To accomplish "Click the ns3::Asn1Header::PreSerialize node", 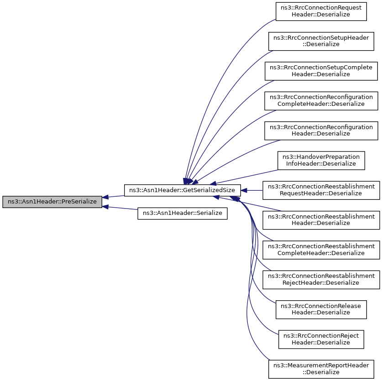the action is click(52, 202).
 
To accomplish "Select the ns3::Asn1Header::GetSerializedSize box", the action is click(182, 190).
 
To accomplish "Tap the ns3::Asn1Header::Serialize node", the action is click(182, 213).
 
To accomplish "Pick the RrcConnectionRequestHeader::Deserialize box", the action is click(321, 11).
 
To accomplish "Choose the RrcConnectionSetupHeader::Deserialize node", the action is click(321, 41).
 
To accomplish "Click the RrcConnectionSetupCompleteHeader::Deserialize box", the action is click(321, 71).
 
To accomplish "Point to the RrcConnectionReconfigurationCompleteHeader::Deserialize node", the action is click(321, 101).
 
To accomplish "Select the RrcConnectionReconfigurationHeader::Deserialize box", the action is click(321, 130).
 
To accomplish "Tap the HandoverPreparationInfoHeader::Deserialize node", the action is click(321, 160).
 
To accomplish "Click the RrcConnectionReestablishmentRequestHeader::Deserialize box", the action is click(321, 190).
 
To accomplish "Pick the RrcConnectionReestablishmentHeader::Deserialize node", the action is click(321, 220).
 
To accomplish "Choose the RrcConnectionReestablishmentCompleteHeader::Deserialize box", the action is click(321, 250).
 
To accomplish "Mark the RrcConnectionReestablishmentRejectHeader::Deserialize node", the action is click(321, 280).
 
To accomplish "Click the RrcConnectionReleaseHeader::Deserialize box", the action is click(321, 309).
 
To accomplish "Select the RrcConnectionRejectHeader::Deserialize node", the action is click(321, 339).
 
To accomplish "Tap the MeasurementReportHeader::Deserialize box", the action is click(321, 369).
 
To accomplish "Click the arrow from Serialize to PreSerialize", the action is click(120, 208).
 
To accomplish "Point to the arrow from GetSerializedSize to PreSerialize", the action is click(113, 196).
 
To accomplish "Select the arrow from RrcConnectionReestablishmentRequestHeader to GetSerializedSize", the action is click(251, 190).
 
